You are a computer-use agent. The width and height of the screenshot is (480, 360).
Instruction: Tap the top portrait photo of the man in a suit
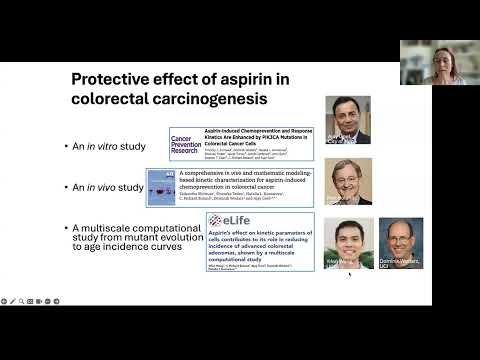pyautogui.click(x=347, y=119)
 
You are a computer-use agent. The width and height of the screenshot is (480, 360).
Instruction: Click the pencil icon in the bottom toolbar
pyautogui.click(x=20, y=299)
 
